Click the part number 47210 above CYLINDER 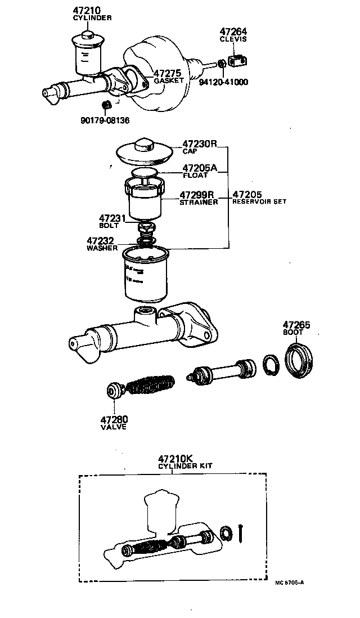pyautogui.click(x=85, y=11)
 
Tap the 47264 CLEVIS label pyautogui.click(x=233, y=35)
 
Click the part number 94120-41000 pyautogui.click(x=223, y=82)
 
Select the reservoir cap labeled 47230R pyautogui.click(x=143, y=149)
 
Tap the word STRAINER pyautogui.click(x=198, y=203)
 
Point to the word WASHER pyautogui.click(x=101, y=248)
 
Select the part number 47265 pyautogui.click(x=296, y=325)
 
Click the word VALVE pyautogui.click(x=114, y=427)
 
